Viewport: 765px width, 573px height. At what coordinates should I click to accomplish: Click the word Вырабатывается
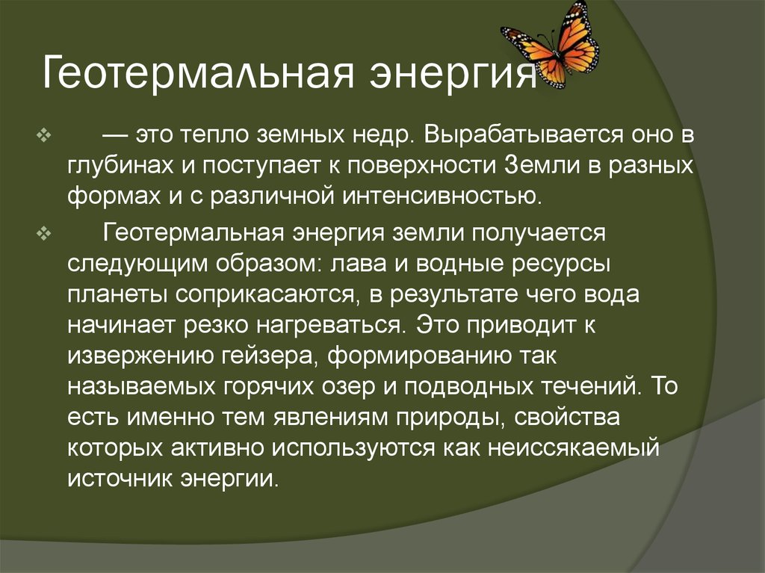508,136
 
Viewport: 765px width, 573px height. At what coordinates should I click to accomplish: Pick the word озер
360,385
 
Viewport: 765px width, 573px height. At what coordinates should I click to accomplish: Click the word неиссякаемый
572,447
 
